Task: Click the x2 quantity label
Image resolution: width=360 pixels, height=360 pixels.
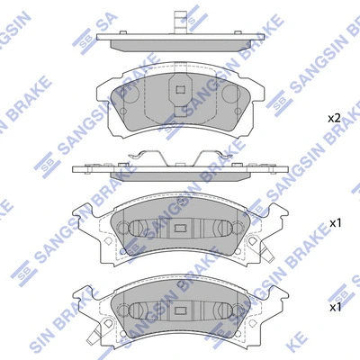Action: point(332,118)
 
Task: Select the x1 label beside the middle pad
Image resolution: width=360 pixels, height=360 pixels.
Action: point(335,222)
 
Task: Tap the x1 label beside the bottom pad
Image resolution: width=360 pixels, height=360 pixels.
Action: point(335,308)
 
